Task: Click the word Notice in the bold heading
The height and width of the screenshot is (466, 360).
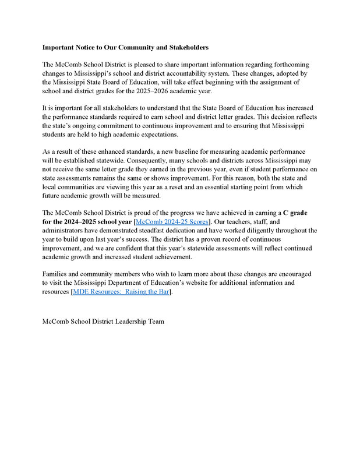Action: point(86,47)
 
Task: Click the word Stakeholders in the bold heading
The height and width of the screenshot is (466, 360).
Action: point(183,47)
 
